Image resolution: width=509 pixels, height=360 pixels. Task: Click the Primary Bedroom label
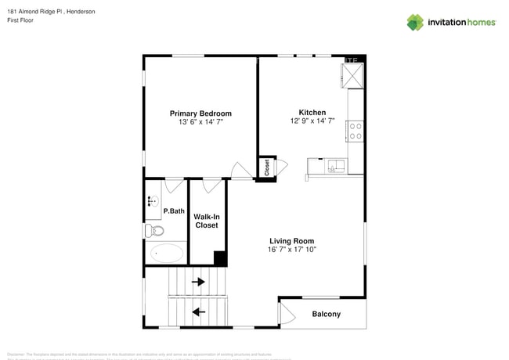200,113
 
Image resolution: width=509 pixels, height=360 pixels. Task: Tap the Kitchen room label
312,112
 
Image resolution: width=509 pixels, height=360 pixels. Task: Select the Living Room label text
291,241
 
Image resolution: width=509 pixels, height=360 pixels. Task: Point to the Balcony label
326,315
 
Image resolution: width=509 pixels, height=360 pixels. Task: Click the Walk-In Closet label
206,220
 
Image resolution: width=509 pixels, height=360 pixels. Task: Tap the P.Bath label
173,211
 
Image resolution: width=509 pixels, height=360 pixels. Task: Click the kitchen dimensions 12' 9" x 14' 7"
312,121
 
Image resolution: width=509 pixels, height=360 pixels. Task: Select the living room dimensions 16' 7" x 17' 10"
291,250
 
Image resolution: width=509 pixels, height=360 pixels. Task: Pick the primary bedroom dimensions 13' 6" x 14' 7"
200,122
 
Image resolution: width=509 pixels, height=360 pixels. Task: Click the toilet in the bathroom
156,230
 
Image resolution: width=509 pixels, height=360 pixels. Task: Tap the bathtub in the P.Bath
166,253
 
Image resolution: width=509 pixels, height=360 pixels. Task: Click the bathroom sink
151,204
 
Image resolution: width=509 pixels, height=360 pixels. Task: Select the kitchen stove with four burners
356,131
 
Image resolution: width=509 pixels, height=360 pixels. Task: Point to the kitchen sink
334,165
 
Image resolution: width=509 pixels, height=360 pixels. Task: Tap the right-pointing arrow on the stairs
198,282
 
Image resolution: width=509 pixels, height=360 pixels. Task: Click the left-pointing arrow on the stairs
198,311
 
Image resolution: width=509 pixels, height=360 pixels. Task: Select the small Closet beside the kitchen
267,167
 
